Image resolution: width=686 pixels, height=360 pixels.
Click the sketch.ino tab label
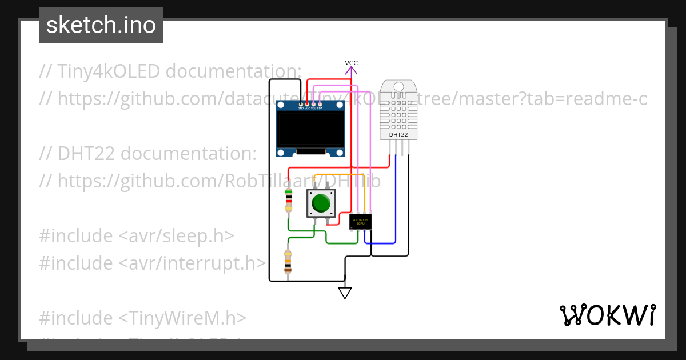(101, 25)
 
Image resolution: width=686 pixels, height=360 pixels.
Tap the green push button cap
(321, 203)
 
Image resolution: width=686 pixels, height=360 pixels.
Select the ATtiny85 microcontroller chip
(360, 222)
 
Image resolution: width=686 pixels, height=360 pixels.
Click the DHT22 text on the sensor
(398, 135)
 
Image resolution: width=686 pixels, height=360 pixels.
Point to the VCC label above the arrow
(351, 63)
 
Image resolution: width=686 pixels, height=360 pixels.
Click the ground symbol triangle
(345, 293)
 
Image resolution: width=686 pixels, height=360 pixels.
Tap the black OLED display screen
(310, 129)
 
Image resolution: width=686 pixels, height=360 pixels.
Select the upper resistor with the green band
(289, 201)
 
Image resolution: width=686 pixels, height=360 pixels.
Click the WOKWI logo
(607, 315)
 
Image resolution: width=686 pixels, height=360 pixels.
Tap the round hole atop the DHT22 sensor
(398, 87)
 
